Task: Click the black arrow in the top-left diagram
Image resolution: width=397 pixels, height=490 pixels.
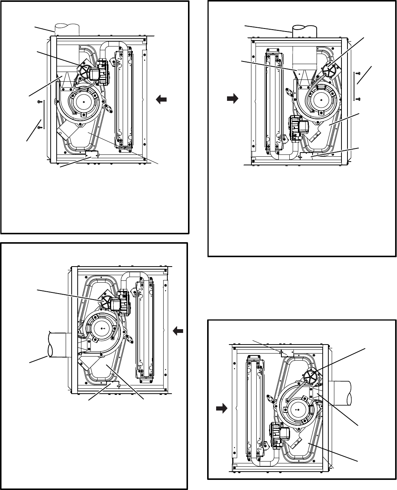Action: coord(161,99)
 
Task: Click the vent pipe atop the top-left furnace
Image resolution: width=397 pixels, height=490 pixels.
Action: coord(67,30)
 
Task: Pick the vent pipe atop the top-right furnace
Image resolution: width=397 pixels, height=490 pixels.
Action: coord(304,31)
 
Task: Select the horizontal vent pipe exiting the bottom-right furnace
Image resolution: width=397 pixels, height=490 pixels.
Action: coord(340,392)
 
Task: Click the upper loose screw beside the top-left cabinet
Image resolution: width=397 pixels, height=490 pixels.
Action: coord(39,102)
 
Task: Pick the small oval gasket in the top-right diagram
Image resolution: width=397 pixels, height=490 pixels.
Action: coord(289,91)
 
